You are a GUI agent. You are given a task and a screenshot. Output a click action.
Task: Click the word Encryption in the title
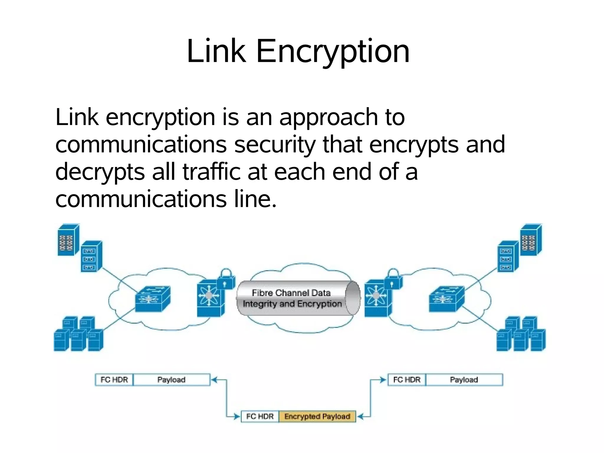tap(333, 52)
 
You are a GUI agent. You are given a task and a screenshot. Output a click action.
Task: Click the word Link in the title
tap(216, 52)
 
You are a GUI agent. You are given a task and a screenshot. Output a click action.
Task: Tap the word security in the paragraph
tap(274, 145)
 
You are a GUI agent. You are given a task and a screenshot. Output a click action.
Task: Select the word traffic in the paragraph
tap(212, 172)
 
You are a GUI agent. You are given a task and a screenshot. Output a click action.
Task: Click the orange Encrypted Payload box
tap(317, 416)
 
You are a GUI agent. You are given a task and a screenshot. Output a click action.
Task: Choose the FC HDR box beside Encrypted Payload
tap(260, 416)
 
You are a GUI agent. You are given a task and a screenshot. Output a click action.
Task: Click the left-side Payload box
tap(171, 380)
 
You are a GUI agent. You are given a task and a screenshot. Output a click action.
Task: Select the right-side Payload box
tap(464, 380)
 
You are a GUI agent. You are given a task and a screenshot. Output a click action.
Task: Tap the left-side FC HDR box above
tap(114, 380)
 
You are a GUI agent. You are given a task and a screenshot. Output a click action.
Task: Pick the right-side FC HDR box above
tap(407, 380)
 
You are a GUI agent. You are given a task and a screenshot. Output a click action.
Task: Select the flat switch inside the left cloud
tap(153, 299)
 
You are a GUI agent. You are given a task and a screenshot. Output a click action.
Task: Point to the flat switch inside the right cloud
tap(447, 299)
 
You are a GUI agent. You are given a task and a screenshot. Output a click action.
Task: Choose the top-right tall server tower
tap(531, 240)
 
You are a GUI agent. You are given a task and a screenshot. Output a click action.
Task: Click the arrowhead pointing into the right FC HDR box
tap(383, 380)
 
